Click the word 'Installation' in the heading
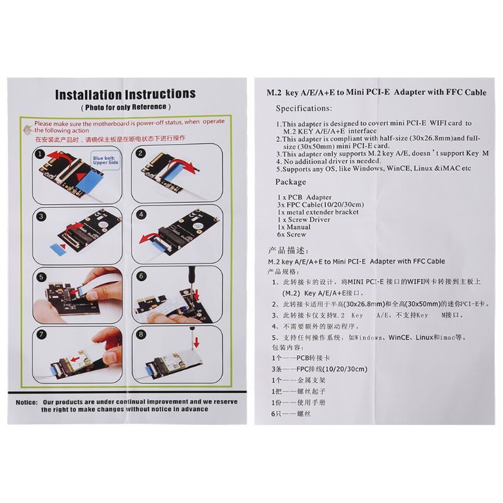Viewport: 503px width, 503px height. (x=88, y=95)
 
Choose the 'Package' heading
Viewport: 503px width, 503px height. (x=291, y=182)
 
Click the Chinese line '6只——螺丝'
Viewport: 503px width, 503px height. (x=289, y=413)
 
